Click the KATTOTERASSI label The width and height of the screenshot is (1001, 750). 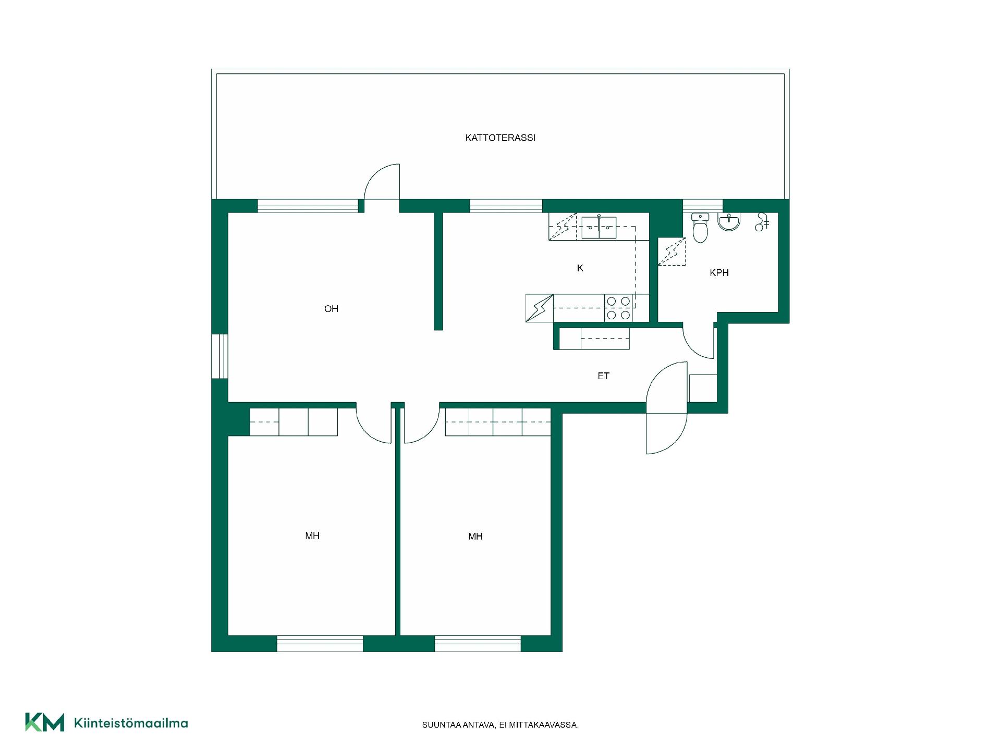tap(500, 138)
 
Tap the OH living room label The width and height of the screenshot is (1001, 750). tap(331, 309)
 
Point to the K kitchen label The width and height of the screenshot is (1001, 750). tap(580, 268)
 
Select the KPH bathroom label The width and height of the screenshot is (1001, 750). tap(719, 273)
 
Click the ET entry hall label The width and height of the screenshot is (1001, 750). tap(603, 376)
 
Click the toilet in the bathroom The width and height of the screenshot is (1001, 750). tap(700, 228)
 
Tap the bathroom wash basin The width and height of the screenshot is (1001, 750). tap(729, 221)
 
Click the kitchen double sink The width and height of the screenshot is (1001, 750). tap(599, 228)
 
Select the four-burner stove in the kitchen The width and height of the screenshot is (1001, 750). tap(618, 308)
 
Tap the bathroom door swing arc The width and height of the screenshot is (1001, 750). tap(699, 341)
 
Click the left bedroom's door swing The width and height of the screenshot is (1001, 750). tap(373, 424)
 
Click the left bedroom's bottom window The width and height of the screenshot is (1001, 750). tap(320, 644)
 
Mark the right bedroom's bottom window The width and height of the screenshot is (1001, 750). tap(478, 644)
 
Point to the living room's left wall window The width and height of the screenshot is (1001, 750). tap(219, 356)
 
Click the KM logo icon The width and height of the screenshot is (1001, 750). tap(45, 722)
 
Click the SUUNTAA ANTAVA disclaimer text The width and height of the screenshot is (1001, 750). tap(500, 725)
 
